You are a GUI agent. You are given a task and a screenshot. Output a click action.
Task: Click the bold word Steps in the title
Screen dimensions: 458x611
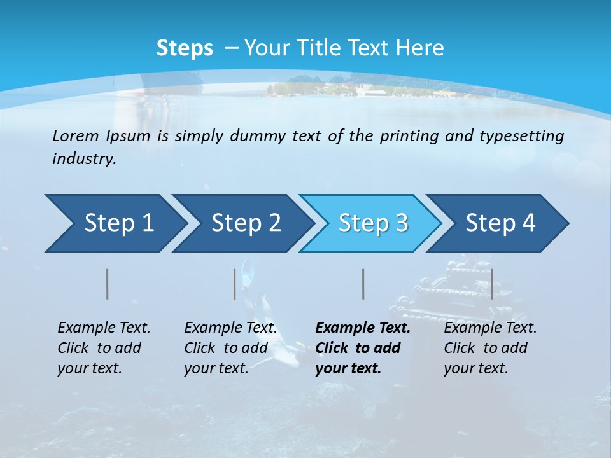tap(185, 48)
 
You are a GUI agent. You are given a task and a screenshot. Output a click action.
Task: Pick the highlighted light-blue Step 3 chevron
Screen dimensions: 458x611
tap(370, 223)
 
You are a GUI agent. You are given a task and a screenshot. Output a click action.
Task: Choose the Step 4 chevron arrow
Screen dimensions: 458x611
tap(498, 223)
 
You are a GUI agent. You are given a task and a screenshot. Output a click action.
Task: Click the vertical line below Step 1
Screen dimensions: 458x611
tap(108, 284)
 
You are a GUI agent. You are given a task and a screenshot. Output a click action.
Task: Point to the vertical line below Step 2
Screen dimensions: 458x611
tap(235, 284)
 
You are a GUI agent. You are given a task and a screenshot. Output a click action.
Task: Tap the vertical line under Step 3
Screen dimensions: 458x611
tap(363, 284)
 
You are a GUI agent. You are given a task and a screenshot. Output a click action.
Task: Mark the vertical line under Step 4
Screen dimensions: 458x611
tap(491, 284)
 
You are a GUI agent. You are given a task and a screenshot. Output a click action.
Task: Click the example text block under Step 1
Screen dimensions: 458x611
tap(104, 348)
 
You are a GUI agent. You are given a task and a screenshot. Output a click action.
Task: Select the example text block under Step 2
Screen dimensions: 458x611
tap(230, 348)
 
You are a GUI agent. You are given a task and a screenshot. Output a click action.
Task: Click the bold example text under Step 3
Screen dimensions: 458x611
tap(362, 348)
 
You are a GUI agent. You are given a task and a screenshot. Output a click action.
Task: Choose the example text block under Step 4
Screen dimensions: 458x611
tap(490, 348)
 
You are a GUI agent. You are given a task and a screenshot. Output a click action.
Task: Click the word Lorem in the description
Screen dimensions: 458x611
tap(76, 135)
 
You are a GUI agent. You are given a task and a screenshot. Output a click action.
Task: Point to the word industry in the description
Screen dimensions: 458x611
tap(83, 159)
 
